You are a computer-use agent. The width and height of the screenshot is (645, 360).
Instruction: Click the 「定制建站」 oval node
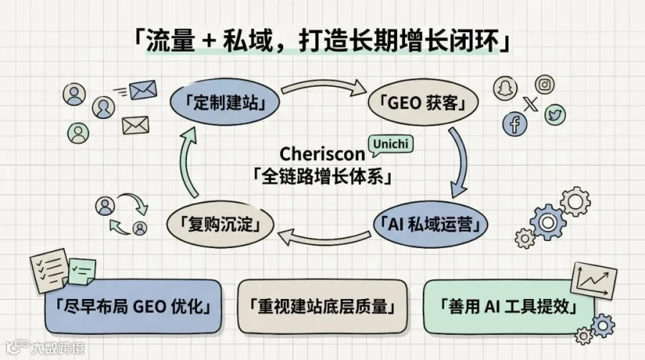coord(224,102)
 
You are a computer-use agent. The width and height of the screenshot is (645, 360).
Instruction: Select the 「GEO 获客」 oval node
coord(423,103)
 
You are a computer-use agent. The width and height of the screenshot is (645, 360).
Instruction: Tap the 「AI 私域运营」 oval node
coord(431,224)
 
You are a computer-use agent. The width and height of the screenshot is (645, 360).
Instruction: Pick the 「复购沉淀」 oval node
coord(221,224)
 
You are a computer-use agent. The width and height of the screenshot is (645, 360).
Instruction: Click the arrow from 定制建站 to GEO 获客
coord(323,85)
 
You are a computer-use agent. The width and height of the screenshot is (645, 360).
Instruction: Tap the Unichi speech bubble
coord(391,146)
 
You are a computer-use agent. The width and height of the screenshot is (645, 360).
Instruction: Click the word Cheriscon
coord(322,154)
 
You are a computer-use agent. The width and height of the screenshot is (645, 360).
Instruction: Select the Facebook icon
coord(515,123)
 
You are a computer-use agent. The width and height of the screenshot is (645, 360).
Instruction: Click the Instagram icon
coord(545,85)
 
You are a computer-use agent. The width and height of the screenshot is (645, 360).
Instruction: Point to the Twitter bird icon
coord(555,115)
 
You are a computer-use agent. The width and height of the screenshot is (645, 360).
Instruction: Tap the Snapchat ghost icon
coord(505,88)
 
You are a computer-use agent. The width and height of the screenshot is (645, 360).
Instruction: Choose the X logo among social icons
coord(530,103)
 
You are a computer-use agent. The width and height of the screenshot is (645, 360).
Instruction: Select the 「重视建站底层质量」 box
coord(322,306)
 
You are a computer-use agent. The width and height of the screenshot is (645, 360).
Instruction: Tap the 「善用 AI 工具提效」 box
coord(509,306)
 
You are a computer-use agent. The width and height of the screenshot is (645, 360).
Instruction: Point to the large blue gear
coord(548,222)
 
